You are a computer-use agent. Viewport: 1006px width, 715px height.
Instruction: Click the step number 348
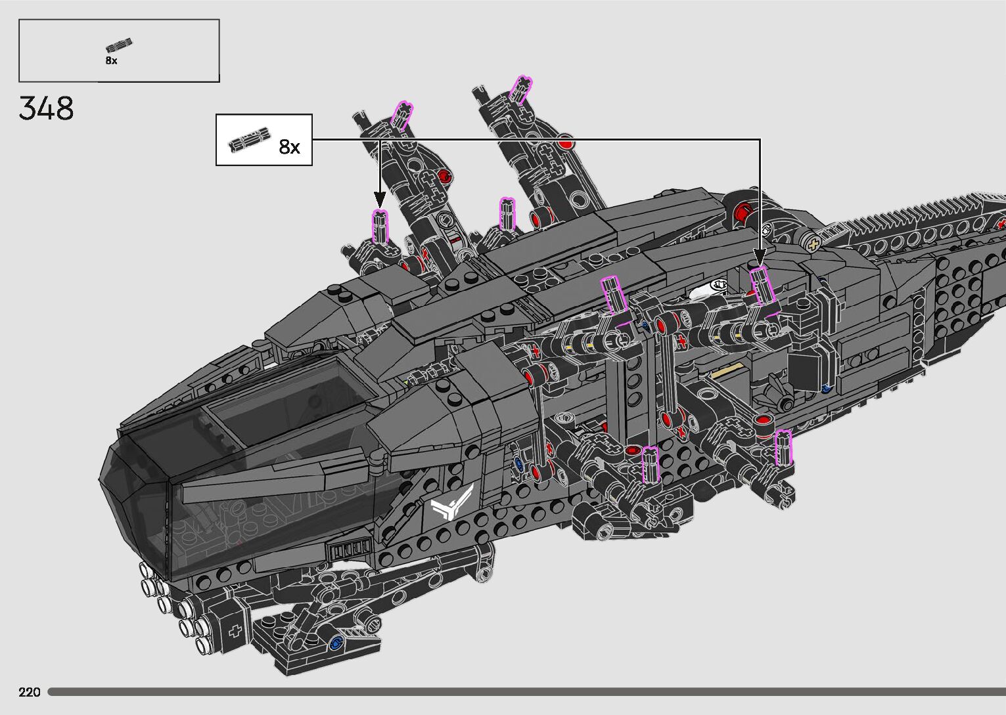(46, 108)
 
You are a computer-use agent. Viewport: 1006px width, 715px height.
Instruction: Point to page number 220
(30, 692)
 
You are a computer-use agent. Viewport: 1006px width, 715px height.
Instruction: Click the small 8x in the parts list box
(111, 60)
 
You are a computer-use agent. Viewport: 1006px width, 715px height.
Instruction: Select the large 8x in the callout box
(289, 147)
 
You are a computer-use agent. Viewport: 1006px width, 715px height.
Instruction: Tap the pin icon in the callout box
(249, 139)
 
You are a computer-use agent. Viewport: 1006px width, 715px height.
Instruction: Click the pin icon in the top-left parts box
(118, 46)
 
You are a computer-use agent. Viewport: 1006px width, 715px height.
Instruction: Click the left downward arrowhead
(380, 198)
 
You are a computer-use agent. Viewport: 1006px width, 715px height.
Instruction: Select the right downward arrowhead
(760, 257)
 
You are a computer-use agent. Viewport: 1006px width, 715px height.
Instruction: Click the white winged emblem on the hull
(453, 505)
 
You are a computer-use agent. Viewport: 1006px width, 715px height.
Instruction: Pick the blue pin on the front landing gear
(338, 643)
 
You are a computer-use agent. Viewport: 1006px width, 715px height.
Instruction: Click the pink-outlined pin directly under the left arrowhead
(380, 227)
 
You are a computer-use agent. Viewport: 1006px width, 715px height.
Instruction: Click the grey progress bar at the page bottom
(526, 692)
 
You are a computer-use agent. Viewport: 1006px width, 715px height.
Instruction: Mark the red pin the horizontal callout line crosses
(566, 141)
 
